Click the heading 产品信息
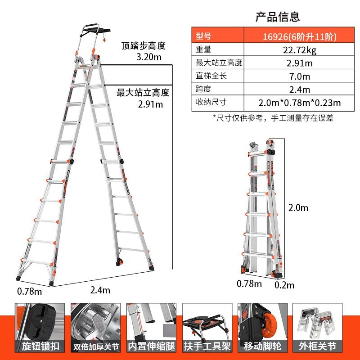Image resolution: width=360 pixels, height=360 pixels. pos(278,17)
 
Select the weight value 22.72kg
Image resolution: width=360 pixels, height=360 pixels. pos(299,50)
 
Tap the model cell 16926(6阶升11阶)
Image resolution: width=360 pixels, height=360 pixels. pos(299,36)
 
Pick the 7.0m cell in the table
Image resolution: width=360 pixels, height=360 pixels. pos(299,76)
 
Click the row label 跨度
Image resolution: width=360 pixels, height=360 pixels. pos(203,89)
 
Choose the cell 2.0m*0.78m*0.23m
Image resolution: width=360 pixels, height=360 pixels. pos(299,103)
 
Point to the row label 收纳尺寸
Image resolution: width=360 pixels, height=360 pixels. pos(211,102)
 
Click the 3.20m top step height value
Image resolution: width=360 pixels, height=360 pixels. pos(149,57)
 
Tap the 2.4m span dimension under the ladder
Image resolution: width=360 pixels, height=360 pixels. pos(100,290)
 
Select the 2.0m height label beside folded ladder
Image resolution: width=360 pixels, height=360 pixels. pos(298,208)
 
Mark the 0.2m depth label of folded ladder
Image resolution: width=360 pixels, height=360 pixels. pos(284,285)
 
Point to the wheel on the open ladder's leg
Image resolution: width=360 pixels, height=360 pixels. pos(120,262)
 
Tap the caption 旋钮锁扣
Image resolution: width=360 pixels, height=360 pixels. pos(40,346)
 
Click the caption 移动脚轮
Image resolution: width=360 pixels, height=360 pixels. pos(262,346)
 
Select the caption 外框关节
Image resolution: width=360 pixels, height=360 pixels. pos(318,346)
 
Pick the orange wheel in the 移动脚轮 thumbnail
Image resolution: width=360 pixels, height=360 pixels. pos(270,324)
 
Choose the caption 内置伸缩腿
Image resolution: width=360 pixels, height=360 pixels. pos(151,346)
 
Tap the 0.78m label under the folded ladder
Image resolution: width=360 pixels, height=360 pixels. pos(249,284)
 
